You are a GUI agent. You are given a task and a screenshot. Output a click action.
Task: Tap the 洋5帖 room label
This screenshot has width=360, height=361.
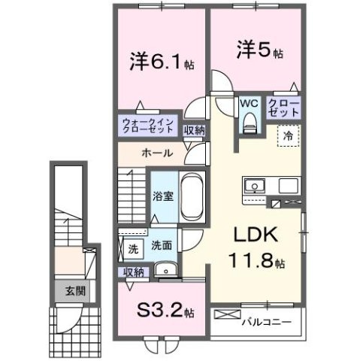tap(256, 52)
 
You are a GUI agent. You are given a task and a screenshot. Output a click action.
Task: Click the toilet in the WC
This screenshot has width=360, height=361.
tap(249, 122)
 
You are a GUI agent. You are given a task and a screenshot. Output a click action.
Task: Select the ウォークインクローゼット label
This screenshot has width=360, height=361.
tap(149, 126)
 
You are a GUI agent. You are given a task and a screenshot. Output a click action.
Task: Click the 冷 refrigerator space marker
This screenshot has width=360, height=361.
tap(289, 137)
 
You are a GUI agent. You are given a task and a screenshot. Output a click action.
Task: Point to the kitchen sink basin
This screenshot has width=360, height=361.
tap(253, 185)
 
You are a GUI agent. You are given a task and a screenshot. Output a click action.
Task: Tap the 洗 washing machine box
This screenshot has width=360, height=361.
tap(132, 247)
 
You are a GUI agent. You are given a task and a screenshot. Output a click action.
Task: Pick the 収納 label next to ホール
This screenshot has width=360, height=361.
tap(195, 130)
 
